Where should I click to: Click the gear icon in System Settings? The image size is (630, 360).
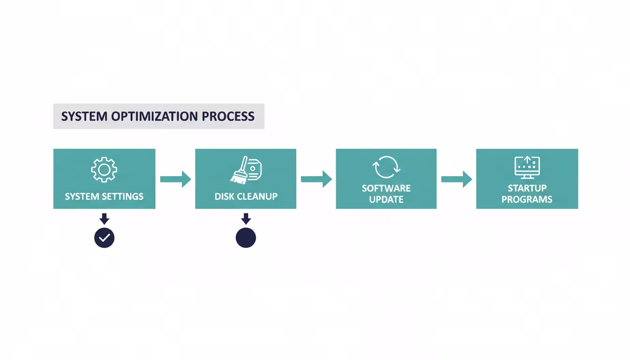point(104,170)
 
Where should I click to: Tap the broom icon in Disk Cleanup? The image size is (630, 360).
point(240,170)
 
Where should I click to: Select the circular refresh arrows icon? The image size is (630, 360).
point(386,167)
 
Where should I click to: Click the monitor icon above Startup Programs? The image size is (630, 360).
point(527,167)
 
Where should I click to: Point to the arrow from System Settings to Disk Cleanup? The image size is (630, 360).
point(175,179)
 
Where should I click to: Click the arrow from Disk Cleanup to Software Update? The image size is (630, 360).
point(316,179)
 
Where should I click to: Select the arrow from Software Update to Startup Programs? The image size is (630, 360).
point(457,179)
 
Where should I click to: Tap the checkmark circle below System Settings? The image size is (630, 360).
point(104,238)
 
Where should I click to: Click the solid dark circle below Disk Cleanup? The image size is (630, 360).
point(246,238)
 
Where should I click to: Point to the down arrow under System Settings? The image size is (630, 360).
point(104,219)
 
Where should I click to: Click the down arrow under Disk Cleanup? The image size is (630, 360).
point(246,219)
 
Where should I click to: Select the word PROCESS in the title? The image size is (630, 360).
point(228,116)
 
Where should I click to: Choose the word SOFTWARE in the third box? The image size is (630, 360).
point(386,188)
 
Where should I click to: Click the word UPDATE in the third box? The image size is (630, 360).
point(386,199)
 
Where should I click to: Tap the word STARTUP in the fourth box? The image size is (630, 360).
point(527,188)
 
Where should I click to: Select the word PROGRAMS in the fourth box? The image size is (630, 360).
point(527,199)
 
